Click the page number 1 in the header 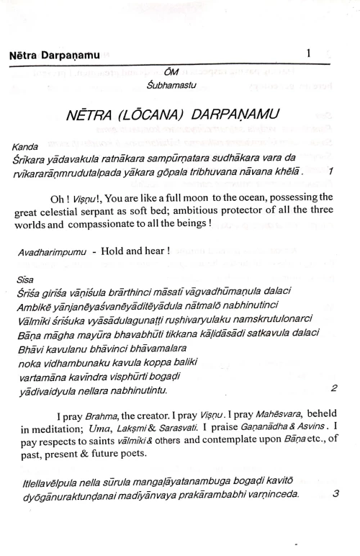[308, 53]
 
